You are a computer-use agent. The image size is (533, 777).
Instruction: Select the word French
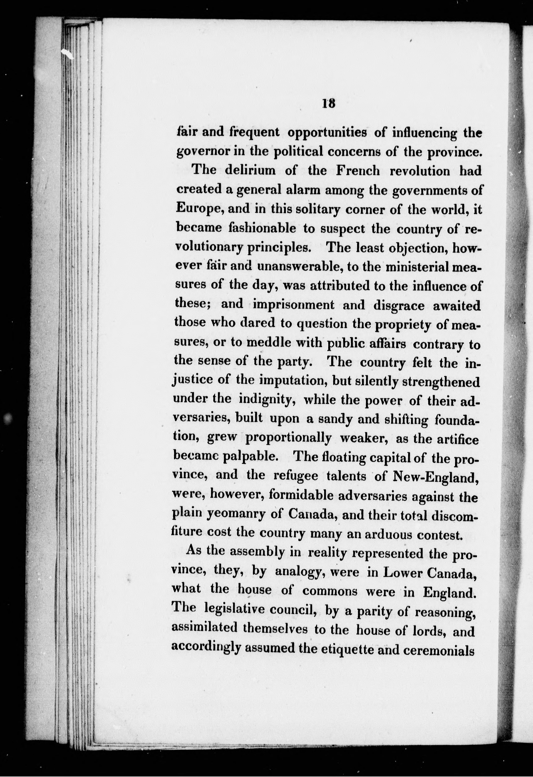pos(358,171)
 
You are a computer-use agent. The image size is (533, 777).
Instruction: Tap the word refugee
pos(296,476)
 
